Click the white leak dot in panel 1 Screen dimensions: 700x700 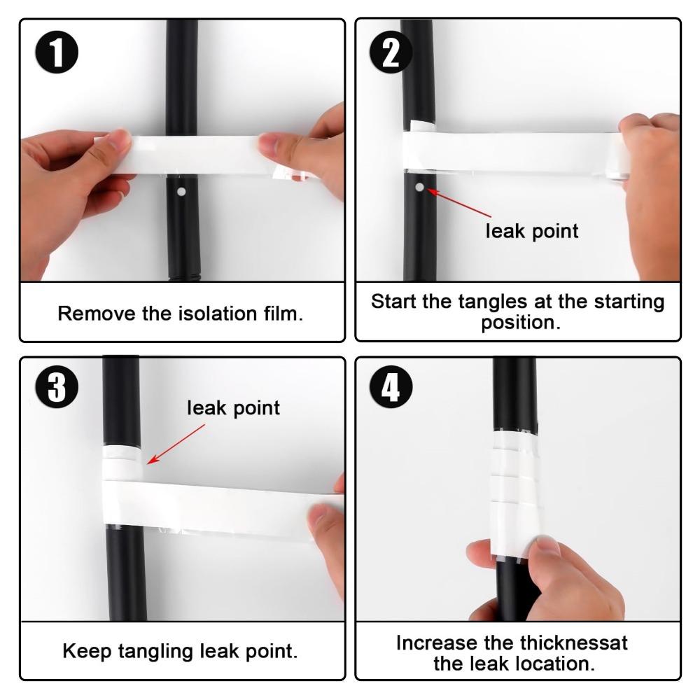pyautogui.click(x=181, y=191)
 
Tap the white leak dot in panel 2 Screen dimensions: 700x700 pyautogui.click(x=419, y=187)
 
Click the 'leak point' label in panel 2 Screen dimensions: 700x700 pyautogui.click(x=532, y=231)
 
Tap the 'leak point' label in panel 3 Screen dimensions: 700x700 pyautogui.click(x=233, y=407)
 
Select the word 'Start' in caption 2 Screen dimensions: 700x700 pyautogui.click(x=395, y=302)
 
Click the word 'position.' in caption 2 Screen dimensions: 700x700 pyautogui.click(x=518, y=324)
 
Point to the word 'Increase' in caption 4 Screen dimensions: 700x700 pyautogui.click(x=439, y=642)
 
